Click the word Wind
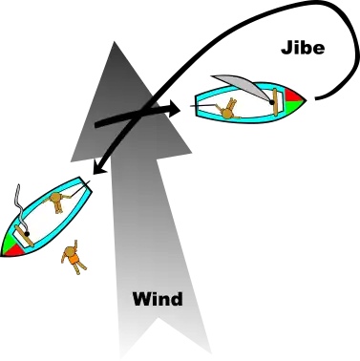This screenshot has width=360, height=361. tap(157, 299)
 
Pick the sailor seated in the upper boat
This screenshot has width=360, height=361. tap(228, 108)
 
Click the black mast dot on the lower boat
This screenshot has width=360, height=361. tap(28, 231)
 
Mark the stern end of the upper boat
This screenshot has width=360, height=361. tap(200, 104)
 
